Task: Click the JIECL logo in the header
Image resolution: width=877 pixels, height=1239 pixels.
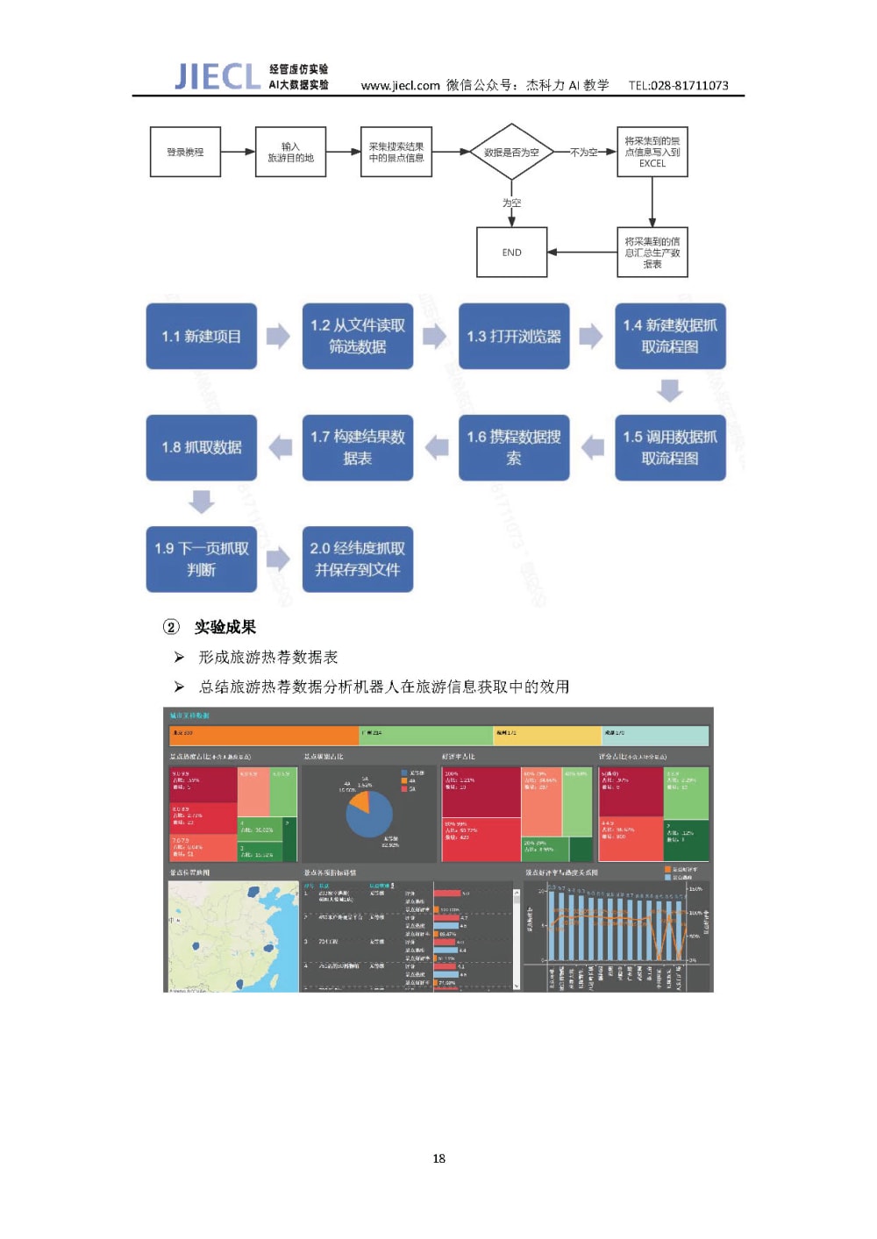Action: click(x=217, y=76)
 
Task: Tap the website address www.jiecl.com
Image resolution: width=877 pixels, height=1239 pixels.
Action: click(x=400, y=85)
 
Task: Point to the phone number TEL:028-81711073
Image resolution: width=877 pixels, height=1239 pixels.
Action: click(x=678, y=85)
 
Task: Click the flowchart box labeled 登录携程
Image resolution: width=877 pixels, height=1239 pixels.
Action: click(x=185, y=152)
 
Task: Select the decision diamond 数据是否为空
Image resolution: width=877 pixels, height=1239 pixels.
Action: click(x=511, y=152)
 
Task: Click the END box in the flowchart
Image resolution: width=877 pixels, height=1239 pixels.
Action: click(x=511, y=253)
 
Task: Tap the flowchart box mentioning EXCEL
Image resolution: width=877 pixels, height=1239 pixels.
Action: click(x=652, y=152)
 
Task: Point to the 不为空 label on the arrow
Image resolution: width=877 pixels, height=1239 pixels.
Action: click(x=583, y=152)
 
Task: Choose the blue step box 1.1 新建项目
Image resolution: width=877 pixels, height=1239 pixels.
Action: click(x=201, y=336)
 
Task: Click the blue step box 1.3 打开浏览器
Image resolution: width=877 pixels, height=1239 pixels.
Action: click(x=514, y=336)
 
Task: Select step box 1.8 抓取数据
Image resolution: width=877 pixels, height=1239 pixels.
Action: click(x=201, y=447)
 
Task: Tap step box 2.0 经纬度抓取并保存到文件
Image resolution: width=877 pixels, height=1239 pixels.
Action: click(x=357, y=559)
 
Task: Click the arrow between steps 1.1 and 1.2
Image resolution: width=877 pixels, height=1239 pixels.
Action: click(x=278, y=336)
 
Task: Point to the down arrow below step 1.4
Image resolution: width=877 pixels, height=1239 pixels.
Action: click(x=670, y=390)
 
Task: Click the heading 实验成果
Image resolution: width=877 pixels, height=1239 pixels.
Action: click(x=225, y=627)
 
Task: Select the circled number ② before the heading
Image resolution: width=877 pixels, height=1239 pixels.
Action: click(x=171, y=627)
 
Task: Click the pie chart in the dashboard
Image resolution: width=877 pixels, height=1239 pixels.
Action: click(x=369, y=813)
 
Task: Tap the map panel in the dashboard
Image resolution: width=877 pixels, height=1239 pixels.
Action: click(x=232, y=936)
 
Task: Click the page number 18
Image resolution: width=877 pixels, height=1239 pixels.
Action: click(x=438, y=1158)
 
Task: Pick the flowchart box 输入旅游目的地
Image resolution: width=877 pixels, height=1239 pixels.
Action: click(x=290, y=152)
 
